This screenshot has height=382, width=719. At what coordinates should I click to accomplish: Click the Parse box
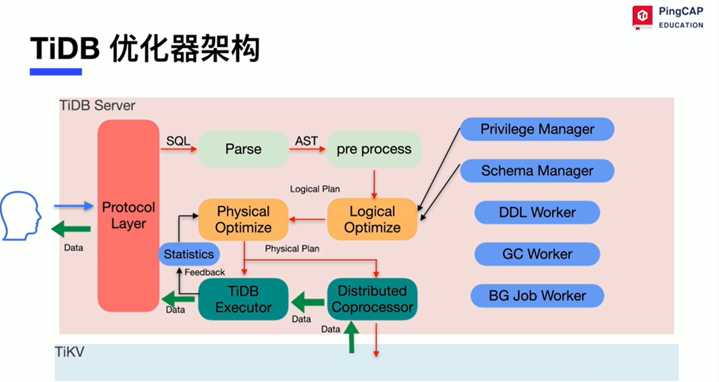pos(243,149)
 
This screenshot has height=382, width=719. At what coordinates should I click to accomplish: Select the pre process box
pos(374,149)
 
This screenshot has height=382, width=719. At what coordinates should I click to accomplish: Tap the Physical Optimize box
pos(243,219)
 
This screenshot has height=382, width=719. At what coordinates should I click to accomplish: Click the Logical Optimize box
pos(372,219)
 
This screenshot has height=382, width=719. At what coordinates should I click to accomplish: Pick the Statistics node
pos(189,254)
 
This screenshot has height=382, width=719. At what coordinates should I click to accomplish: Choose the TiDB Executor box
pos(243,299)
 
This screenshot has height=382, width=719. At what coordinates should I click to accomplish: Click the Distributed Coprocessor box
pos(372,299)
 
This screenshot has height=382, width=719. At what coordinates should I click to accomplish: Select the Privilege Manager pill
pos(537,129)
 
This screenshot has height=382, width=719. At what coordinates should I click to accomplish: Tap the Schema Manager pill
pos(537,171)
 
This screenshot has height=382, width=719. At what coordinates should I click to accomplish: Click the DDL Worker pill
pos(537,212)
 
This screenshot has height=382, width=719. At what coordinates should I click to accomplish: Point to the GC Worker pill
pos(537,254)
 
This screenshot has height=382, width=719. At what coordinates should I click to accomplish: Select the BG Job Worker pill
pos(537,296)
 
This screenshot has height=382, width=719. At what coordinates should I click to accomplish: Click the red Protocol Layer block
pos(128,215)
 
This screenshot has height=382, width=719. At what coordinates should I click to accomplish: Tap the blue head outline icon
pos(20,215)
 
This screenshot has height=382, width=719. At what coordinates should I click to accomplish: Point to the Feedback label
pos(204,272)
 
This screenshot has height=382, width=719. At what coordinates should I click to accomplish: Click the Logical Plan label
pos(315,189)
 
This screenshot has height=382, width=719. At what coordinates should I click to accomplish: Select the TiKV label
pos(70,352)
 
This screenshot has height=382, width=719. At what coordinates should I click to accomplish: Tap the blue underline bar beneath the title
pos(55,72)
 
